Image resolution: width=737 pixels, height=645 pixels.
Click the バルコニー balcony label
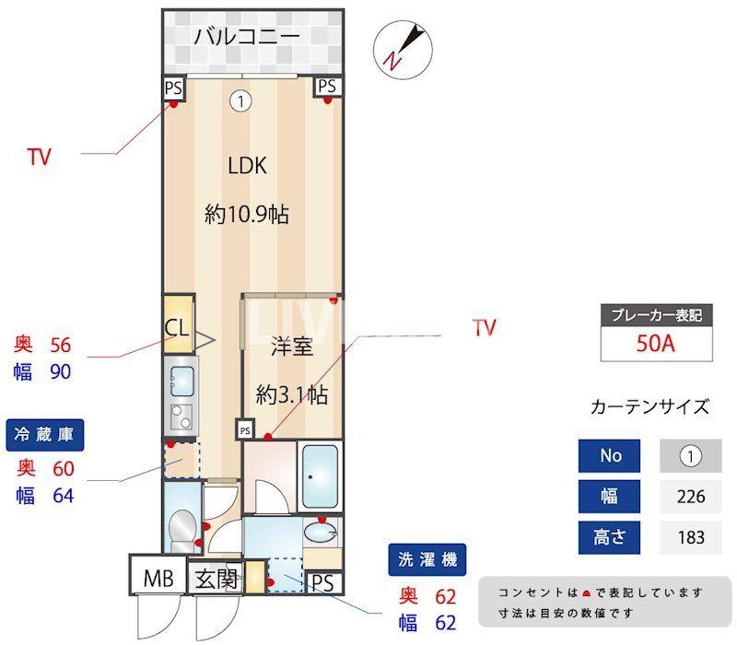coord(246,38)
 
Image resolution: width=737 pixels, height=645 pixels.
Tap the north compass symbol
coord(403,48)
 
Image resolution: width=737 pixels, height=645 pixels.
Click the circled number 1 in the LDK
coord(240,101)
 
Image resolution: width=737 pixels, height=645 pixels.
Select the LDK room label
coord(247,166)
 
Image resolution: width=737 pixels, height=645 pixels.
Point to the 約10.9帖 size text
coord(247,215)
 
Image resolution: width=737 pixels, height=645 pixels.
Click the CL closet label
coord(177,327)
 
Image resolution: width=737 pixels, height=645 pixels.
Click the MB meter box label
coord(157,580)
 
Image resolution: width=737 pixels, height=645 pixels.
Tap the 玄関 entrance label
coord(216,580)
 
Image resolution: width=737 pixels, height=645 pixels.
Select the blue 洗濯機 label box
coord(427,558)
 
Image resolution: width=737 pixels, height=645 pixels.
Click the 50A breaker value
coord(657,345)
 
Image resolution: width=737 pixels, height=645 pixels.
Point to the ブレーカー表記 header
coord(657,315)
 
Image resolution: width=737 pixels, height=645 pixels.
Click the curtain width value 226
coord(690,496)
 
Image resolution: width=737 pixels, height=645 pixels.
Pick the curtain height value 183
coord(690,536)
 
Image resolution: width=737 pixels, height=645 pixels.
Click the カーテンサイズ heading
coord(649,406)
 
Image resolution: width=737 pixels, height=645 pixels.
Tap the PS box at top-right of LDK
coord(328,87)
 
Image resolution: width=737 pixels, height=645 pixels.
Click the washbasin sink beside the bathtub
coord(322,532)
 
